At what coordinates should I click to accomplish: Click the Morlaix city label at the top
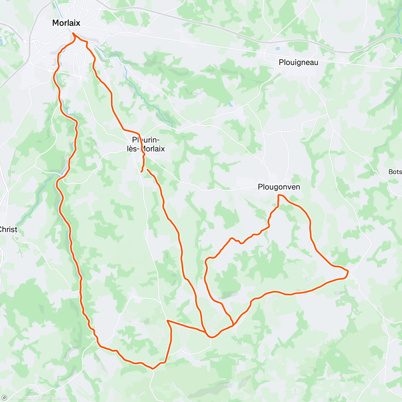pyautogui.click(x=66, y=23)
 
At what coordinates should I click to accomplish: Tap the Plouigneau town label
pyautogui.click(x=298, y=62)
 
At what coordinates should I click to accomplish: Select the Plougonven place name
pyautogui.click(x=279, y=187)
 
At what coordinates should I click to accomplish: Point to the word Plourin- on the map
pyautogui.click(x=146, y=140)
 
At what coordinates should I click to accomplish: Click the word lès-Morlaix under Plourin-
pyautogui.click(x=146, y=149)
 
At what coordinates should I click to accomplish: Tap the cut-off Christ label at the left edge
pyautogui.click(x=8, y=229)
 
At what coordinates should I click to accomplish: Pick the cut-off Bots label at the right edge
pyautogui.click(x=395, y=172)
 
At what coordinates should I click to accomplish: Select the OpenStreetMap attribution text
pyautogui.click(x=54, y=398)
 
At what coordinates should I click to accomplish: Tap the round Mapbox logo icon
pyautogui.click(x=4, y=398)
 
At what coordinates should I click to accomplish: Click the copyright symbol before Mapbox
pyautogui.click(x=12, y=398)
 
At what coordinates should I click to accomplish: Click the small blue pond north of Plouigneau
pyautogui.click(x=278, y=49)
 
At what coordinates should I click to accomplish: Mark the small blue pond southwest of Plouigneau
pyautogui.click(x=230, y=105)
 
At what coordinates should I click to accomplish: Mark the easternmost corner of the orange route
pyautogui.click(x=348, y=271)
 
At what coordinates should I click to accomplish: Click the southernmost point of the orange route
pyautogui.click(x=153, y=368)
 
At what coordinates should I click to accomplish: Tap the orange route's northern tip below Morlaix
pyautogui.click(x=73, y=33)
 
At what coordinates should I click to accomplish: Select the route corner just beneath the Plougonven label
pyautogui.click(x=278, y=195)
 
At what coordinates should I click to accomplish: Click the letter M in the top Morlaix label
pyautogui.click(x=56, y=23)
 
